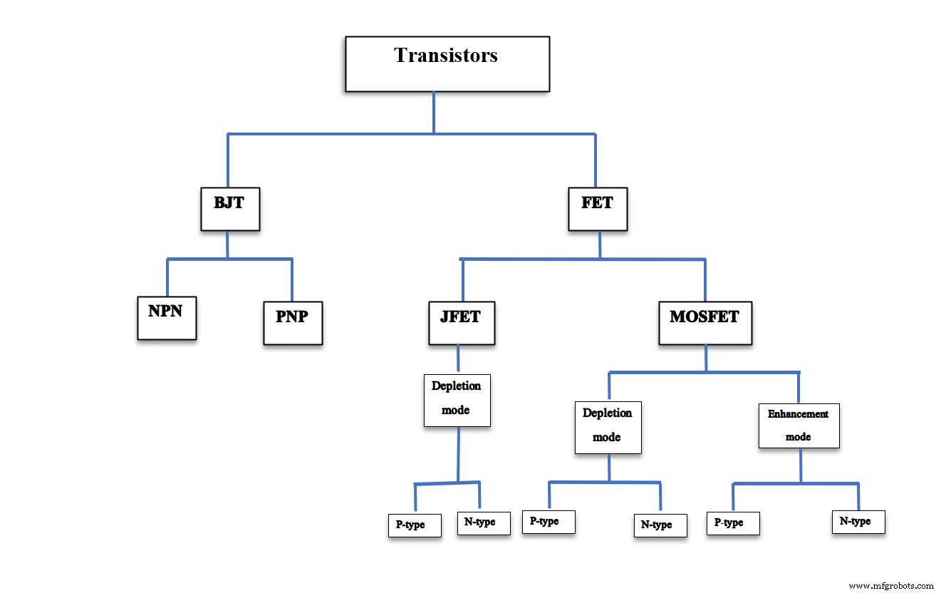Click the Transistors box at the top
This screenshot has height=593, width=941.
(447, 64)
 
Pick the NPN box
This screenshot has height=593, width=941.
(167, 318)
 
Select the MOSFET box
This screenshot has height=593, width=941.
(705, 324)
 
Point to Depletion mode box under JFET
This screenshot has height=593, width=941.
(457, 400)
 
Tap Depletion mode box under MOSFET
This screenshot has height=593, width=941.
(608, 427)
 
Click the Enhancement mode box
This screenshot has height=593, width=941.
(798, 426)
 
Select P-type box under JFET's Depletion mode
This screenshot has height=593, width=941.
(414, 525)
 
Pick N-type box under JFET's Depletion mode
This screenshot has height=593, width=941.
(483, 523)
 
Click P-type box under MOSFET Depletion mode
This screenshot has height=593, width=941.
(548, 522)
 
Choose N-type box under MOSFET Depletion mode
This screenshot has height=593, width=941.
(660, 525)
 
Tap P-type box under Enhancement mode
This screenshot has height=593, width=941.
(732, 523)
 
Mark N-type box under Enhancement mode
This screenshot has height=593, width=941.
(858, 522)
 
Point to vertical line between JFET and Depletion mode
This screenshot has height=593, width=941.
(457, 359)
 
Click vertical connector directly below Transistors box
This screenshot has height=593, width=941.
(433, 112)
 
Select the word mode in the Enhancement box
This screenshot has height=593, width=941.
(798, 437)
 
